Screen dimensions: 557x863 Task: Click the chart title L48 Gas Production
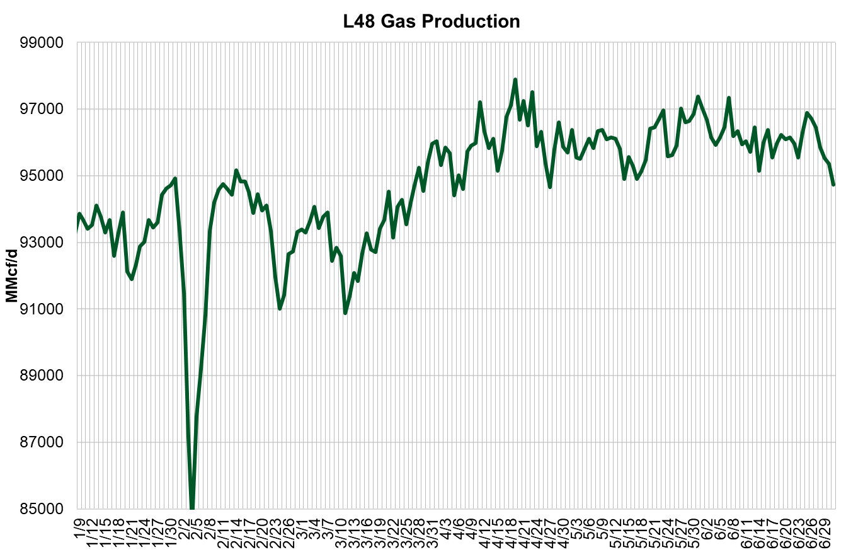click(431, 21)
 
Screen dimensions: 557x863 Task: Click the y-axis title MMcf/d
click(11, 276)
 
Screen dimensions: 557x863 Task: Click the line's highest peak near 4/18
click(515, 80)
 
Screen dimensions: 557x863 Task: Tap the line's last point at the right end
click(833, 184)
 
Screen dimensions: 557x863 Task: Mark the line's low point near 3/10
click(345, 313)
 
